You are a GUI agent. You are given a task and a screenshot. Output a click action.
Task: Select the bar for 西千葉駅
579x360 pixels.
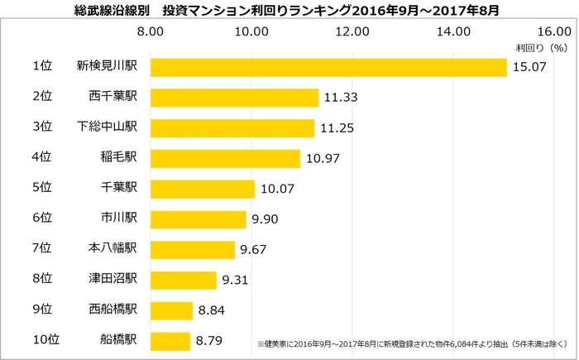coord(233,97)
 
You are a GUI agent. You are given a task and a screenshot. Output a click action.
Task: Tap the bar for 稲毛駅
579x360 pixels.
coord(224,158)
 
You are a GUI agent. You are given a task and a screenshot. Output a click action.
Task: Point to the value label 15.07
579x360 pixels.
coord(529,67)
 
